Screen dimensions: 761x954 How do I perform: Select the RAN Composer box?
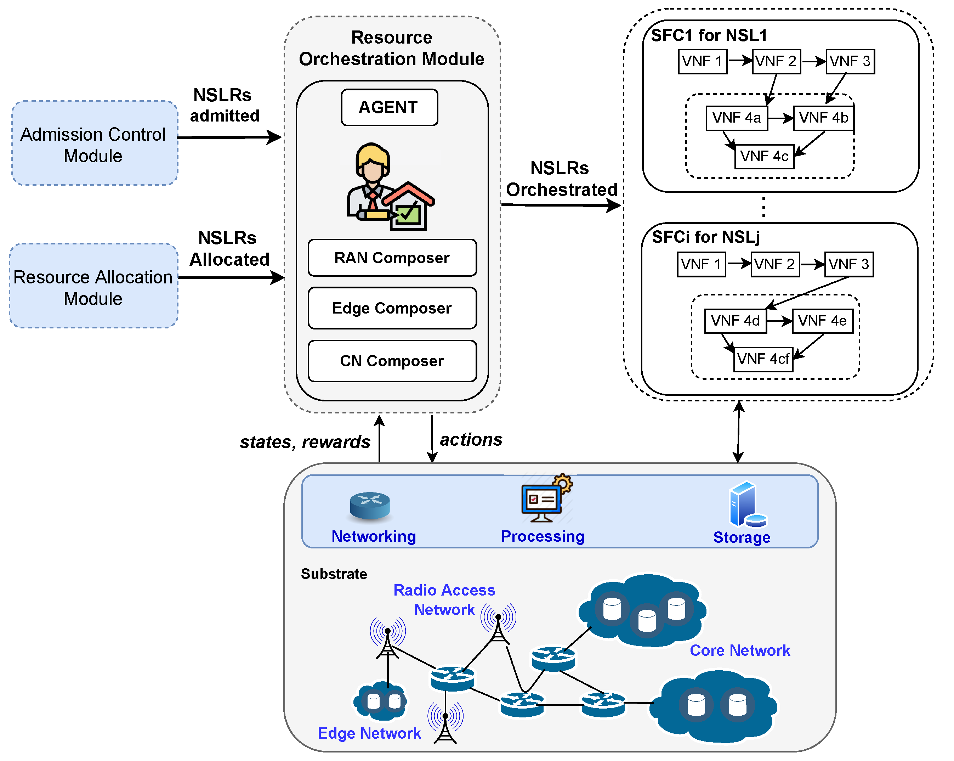392,258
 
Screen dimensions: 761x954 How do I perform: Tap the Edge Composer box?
392,308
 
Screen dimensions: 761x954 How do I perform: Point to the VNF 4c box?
764,156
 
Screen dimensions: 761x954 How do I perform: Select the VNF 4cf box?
763,359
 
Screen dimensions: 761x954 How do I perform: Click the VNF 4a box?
737,118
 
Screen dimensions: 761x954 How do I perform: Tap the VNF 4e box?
823,321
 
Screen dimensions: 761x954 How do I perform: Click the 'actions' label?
471,440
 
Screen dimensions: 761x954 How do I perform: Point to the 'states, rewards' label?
305,442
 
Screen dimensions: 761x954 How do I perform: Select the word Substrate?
334,574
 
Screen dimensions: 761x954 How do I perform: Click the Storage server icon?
747,505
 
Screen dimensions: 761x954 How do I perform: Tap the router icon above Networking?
370,505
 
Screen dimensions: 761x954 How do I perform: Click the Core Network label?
740,650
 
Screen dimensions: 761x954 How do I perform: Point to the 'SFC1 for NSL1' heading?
709,35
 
